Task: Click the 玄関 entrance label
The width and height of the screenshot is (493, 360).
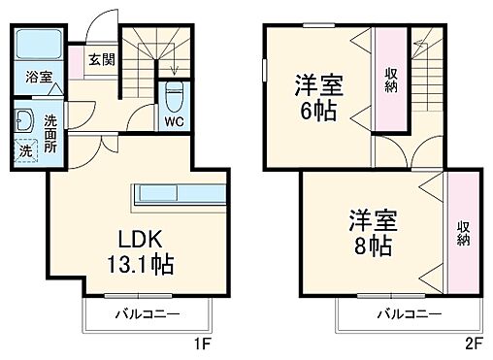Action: coord(100,59)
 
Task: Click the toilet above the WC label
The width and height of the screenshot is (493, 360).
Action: coord(175,95)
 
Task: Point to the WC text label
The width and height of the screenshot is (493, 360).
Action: coord(175,122)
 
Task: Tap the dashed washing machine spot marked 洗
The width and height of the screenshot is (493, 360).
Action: coord(26,150)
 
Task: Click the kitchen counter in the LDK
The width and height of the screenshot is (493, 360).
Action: coord(180,191)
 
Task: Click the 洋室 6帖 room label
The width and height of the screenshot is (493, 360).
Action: coord(317,97)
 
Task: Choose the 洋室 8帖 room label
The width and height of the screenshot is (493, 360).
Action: coord(371,231)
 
